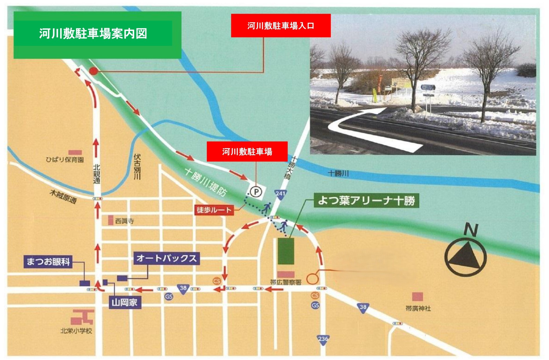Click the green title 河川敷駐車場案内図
point(93,33)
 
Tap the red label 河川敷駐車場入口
point(281,26)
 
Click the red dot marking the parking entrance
point(93,71)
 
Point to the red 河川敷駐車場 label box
point(247,151)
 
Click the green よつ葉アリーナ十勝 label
point(366,200)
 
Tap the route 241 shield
point(280,194)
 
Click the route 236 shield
point(323,339)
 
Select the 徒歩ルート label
point(214,210)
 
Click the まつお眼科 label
point(48,261)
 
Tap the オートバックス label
point(166,258)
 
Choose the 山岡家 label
point(125,303)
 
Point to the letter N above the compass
point(470,229)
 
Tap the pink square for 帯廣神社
point(417,296)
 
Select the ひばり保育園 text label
point(65,160)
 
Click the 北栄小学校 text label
point(76,331)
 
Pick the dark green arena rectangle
point(286,251)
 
